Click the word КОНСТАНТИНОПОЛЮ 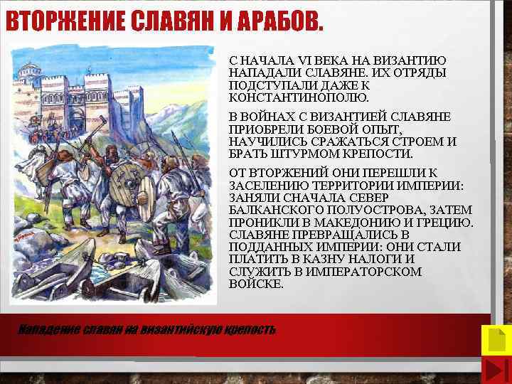[299, 97]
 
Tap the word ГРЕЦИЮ [449, 222]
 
